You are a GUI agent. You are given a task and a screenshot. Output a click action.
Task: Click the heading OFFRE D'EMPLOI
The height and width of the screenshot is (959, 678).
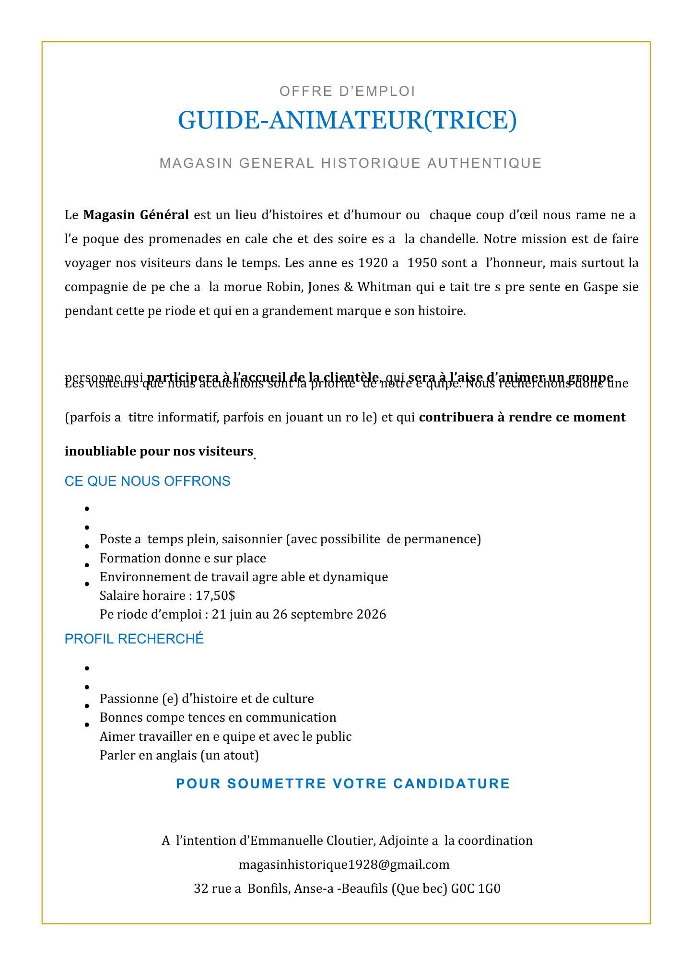[x=347, y=91]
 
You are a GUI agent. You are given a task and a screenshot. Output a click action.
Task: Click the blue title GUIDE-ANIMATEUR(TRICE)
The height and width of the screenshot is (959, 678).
[x=347, y=120]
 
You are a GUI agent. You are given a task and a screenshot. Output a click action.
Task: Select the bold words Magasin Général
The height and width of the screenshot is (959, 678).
[x=136, y=214]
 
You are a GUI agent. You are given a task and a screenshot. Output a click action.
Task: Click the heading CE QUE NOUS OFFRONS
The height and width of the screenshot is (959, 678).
[x=147, y=481]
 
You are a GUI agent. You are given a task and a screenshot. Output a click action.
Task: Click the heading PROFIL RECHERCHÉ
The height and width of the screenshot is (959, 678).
[x=134, y=639]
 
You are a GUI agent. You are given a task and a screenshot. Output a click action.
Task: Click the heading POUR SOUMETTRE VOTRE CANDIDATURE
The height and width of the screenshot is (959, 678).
[x=343, y=783]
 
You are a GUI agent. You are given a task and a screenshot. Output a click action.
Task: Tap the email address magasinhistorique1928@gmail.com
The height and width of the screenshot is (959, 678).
[x=344, y=865]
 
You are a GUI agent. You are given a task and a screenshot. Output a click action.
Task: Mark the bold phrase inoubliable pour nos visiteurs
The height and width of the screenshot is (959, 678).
[x=159, y=451]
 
